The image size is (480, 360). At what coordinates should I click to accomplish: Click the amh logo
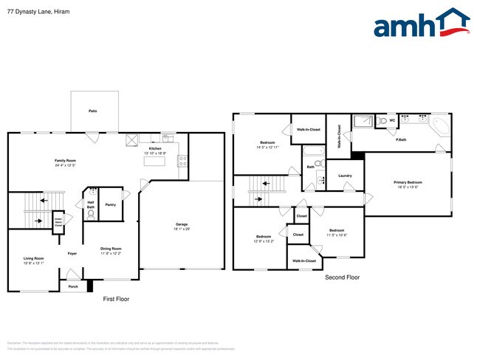point(421,24)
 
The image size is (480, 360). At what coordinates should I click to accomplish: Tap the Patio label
point(93,111)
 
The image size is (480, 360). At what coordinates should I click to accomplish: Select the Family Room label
point(65,160)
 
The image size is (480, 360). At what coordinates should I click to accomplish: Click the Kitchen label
point(155,149)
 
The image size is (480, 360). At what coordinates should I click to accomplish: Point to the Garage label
point(181,224)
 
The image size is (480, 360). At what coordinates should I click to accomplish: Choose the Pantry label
point(110,204)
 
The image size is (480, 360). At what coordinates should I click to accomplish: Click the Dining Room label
point(111,249)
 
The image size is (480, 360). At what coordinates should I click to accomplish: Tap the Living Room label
point(34,258)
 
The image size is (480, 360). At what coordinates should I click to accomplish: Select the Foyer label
point(72,254)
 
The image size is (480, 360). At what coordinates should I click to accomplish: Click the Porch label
point(73,286)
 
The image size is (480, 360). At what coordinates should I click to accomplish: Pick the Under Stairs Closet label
point(58,221)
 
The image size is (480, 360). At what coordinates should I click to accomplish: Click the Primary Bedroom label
point(408,181)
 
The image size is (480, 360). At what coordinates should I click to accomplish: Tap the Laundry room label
point(345,176)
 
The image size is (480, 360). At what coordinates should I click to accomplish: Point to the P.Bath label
point(402,139)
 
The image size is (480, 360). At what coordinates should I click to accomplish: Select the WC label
point(392,120)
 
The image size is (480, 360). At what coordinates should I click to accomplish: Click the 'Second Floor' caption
point(342,277)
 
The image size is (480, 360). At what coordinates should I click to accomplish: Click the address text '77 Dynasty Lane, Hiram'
point(33,10)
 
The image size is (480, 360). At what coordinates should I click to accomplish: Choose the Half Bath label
point(90,205)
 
